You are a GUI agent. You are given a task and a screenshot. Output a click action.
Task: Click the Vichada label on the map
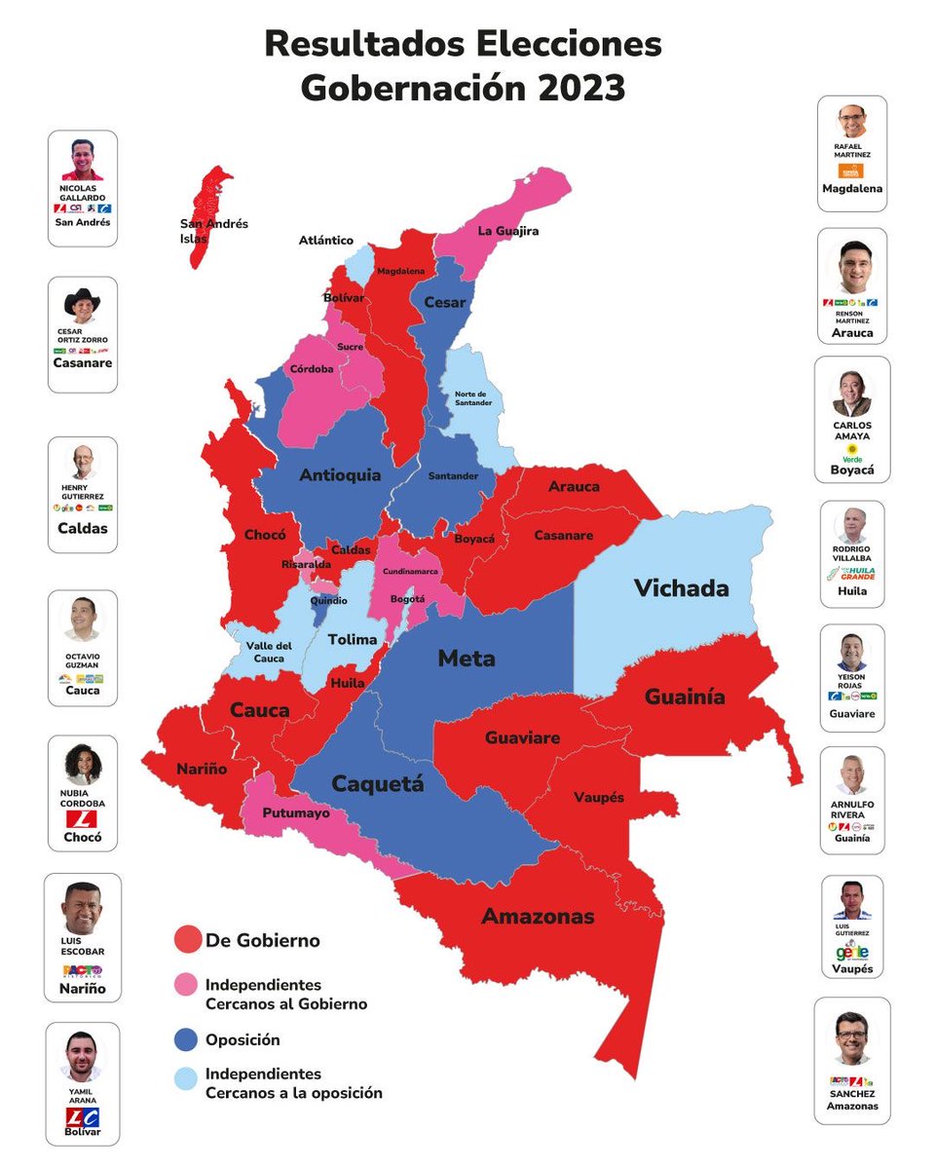[x=681, y=588]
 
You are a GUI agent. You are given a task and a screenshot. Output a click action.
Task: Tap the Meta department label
[x=466, y=659]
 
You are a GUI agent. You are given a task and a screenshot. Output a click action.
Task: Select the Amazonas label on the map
[x=538, y=917]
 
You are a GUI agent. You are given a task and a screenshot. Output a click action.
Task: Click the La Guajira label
[x=507, y=231]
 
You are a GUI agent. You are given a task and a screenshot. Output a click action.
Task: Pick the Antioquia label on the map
[x=340, y=475]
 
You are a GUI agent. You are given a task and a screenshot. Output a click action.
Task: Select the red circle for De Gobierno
[x=187, y=940]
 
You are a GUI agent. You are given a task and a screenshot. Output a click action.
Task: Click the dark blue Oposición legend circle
[x=187, y=1039]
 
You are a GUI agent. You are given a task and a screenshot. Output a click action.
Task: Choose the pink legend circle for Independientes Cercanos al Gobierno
[x=187, y=993]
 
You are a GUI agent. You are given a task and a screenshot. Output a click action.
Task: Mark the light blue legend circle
[x=187, y=1082]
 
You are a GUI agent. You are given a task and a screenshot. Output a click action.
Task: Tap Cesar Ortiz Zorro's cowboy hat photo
[x=83, y=305]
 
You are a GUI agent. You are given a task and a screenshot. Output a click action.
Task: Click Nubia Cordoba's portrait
[x=83, y=764]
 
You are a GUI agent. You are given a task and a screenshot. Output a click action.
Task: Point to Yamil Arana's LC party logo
[x=83, y=1116]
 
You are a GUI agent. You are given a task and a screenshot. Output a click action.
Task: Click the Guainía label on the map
[x=684, y=698]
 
